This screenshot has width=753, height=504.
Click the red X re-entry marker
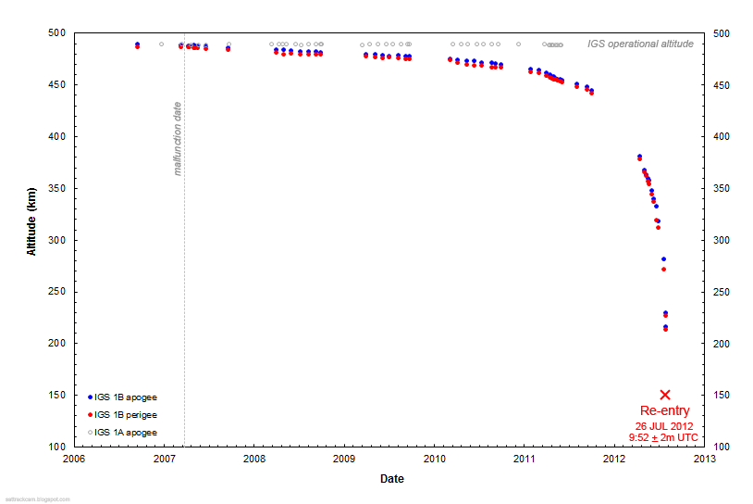(x=664, y=395)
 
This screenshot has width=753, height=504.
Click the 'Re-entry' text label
(x=664, y=410)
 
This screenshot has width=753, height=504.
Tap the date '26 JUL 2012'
(x=664, y=425)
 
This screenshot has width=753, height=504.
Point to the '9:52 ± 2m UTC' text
(x=664, y=437)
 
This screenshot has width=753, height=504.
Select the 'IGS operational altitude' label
(x=640, y=44)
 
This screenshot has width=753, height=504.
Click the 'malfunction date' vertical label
(x=178, y=139)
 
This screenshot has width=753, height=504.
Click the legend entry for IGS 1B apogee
(x=125, y=397)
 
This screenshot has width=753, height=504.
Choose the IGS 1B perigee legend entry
(x=125, y=415)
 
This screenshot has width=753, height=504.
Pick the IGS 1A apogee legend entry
(x=125, y=433)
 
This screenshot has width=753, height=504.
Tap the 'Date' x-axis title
(x=391, y=479)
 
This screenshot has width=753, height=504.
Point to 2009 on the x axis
(x=344, y=459)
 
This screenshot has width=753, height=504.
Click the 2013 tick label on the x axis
(x=704, y=459)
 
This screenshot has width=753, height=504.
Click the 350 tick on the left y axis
(x=57, y=188)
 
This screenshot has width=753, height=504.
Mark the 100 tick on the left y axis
(x=57, y=447)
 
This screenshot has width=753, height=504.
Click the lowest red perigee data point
(x=665, y=330)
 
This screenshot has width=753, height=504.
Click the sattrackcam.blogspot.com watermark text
(x=36, y=499)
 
